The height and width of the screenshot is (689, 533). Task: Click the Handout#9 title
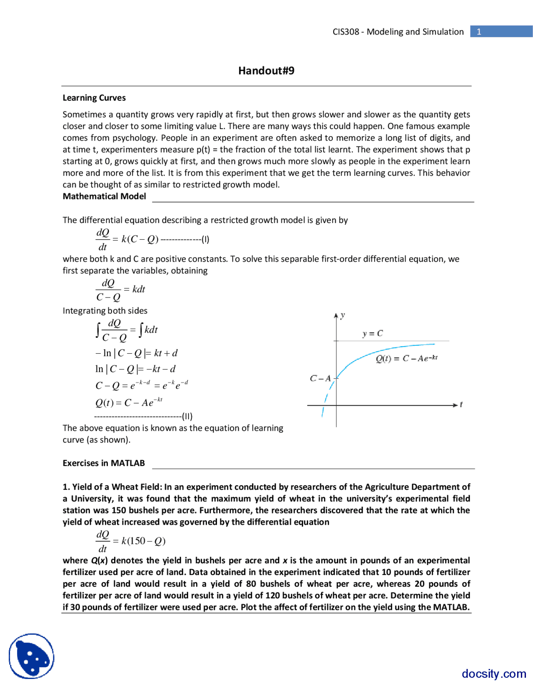point(266,71)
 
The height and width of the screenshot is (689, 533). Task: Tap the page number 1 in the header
point(479,32)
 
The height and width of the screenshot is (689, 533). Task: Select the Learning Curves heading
point(94,98)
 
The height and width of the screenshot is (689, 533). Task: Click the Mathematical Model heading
point(104,196)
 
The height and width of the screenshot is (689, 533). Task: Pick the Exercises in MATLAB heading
point(104,463)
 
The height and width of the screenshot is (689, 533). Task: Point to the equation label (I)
point(205,239)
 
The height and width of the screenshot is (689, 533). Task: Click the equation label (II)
point(187,416)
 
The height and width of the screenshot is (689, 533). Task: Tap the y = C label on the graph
point(372,333)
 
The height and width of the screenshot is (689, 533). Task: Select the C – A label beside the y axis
point(320,378)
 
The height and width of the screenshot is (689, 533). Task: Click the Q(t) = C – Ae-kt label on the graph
point(406,358)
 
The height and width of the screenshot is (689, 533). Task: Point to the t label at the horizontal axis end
point(461,404)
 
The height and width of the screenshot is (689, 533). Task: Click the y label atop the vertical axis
point(342,315)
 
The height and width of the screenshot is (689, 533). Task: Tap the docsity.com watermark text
point(493,674)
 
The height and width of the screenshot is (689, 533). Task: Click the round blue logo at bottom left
point(32,656)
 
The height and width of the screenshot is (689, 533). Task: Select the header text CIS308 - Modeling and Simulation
point(398,32)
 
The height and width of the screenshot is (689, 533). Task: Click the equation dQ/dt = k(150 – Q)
point(130,541)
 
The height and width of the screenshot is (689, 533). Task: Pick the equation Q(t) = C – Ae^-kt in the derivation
point(129,402)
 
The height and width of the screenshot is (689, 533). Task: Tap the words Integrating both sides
point(105,311)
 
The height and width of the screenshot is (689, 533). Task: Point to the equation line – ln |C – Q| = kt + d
point(136,353)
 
